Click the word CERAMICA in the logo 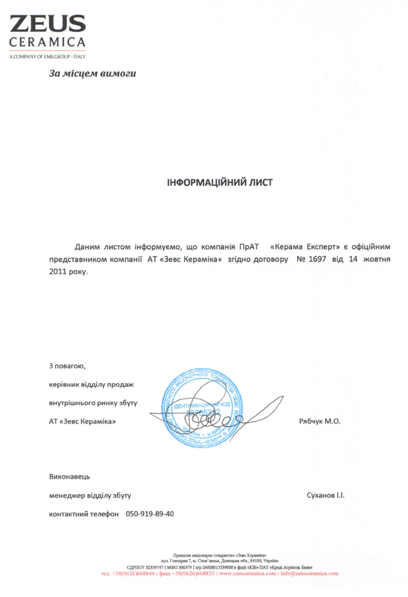pyautogui.click(x=48, y=44)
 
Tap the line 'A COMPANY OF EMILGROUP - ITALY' pyautogui.click(x=48, y=57)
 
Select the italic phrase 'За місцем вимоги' pyautogui.click(x=93, y=73)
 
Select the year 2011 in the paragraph pyautogui.click(x=59, y=271)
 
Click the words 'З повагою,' pyautogui.click(x=67, y=366)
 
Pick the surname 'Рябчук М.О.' pyautogui.click(x=319, y=421)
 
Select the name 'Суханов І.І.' pyautogui.click(x=325, y=495)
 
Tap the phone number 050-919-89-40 pyautogui.click(x=150, y=513)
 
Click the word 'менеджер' pyautogui.click(x=66, y=495)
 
